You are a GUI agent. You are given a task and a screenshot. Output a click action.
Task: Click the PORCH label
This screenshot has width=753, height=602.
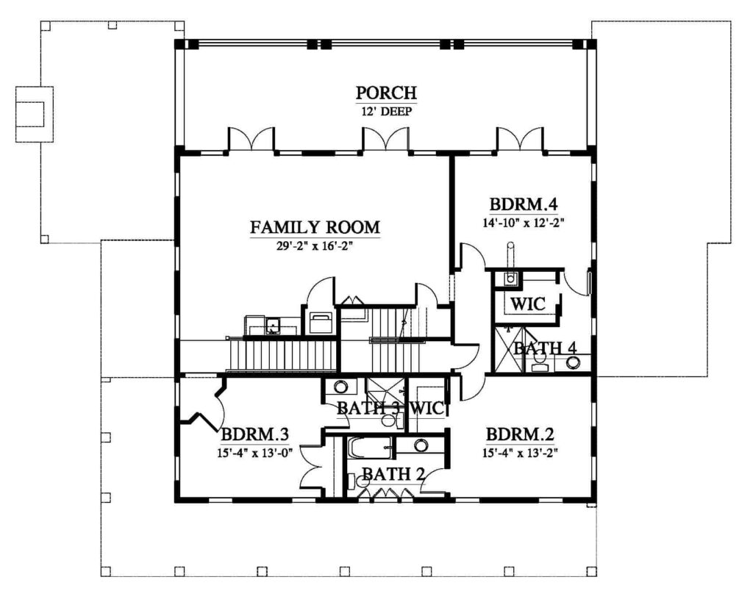pos(386,92)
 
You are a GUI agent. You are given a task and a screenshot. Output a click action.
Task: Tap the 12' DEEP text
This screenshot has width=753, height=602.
pos(386,112)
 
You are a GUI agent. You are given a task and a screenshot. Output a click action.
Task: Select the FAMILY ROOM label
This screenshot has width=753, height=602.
pos(315,226)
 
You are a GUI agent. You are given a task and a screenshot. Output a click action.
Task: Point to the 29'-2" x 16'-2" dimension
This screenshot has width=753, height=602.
pos(315,246)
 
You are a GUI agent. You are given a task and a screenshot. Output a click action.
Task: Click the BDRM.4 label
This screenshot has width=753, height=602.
pos(524,204)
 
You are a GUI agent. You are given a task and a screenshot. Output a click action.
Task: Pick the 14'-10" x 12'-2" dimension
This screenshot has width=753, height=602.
pos(524,223)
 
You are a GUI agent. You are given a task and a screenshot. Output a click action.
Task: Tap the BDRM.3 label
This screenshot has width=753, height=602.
pos(254,434)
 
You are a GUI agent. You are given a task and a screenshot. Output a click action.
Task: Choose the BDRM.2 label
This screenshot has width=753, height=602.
pos(520,434)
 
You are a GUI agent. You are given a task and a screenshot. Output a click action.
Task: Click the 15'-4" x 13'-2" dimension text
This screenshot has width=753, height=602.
pos(520,453)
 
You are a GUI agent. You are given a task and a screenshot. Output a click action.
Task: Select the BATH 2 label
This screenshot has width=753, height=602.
pos(393,474)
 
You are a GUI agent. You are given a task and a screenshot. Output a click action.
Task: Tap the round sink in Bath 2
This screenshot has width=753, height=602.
pos(421,445)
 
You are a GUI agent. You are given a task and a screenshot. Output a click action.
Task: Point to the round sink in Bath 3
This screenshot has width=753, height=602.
pos(341,387)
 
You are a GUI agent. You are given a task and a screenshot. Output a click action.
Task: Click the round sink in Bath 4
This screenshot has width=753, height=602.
pos(572,362)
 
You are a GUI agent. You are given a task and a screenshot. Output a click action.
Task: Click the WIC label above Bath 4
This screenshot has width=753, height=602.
pos(528,304)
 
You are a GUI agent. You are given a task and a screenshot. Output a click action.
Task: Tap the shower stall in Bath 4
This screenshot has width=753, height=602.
pos(509,349)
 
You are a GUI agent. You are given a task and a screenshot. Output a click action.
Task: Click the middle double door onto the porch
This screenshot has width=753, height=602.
pos(385,139)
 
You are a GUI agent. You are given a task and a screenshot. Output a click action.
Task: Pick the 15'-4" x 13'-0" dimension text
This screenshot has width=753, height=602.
pos(254,453)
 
